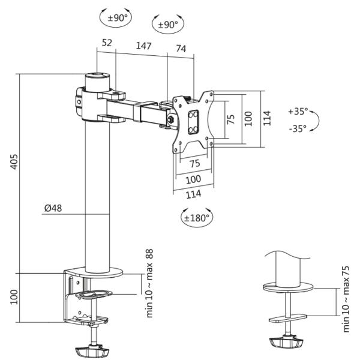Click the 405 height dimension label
(14, 162)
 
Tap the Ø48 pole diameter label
(53, 208)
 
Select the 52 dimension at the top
(107, 43)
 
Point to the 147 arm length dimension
(144, 46)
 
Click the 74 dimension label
(181, 49)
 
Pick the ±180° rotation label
(197, 218)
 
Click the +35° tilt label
(298, 112)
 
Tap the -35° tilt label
(298, 128)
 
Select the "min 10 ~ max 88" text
(149, 283)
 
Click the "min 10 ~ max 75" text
(346, 299)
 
